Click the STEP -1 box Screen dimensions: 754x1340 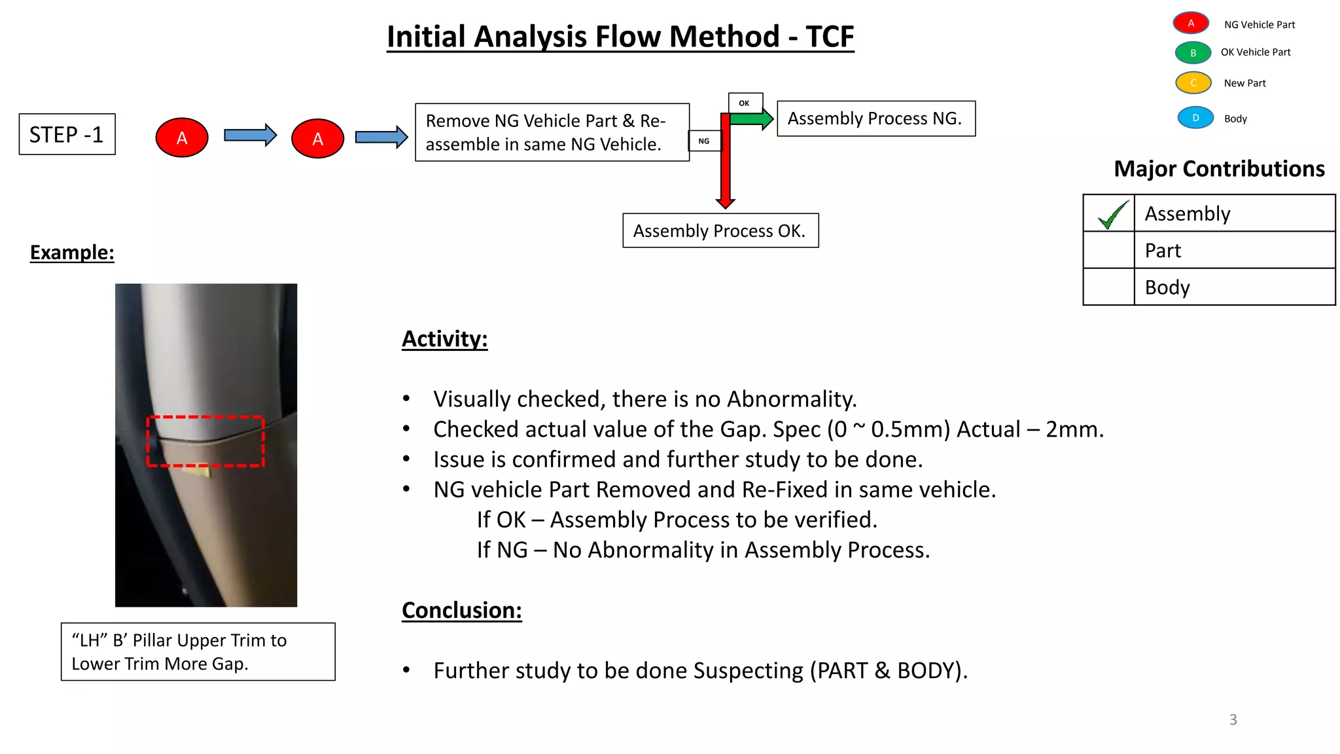[x=67, y=134]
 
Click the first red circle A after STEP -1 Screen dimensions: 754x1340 [x=182, y=137]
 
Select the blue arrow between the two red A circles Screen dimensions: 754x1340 [x=249, y=135]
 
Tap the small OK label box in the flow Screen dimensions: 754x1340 [x=745, y=103]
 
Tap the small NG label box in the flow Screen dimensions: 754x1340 [x=704, y=141]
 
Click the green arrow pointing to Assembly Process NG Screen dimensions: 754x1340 [x=752, y=119]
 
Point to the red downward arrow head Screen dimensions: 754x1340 [x=725, y=203]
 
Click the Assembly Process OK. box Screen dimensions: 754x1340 [x=720, y=230]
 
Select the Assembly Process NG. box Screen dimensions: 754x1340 [x=875, y=118]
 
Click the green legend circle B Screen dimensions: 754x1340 [x=1193, y=53]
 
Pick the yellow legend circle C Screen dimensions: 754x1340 [x=1193, y=83]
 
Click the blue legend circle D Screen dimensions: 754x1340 [x=1195, y=118]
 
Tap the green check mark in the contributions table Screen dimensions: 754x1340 [x=1112, y=214]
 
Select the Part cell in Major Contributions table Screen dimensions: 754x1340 [x=1233, y=250]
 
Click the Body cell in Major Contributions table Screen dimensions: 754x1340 [x=1233, y=287]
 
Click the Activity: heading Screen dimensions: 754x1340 [x=444, y=339]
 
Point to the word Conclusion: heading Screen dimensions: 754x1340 [x=461, y=610]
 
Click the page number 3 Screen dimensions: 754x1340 [x=1233, y=719]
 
